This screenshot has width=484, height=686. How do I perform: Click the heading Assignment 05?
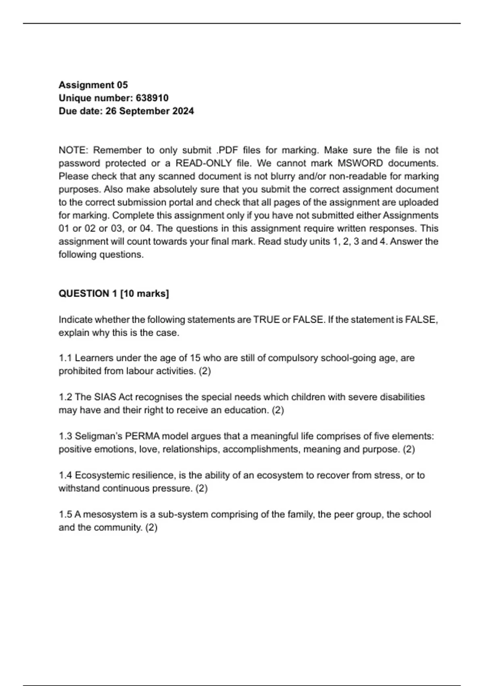click(93, 85)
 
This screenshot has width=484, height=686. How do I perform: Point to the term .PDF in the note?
click(227, 150)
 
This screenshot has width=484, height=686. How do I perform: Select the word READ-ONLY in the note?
click(204, 163)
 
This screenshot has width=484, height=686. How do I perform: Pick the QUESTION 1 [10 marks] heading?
click(114, 293)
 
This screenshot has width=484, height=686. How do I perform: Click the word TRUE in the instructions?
click(266, 320)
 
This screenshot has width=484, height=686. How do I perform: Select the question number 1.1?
click(65, 358)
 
